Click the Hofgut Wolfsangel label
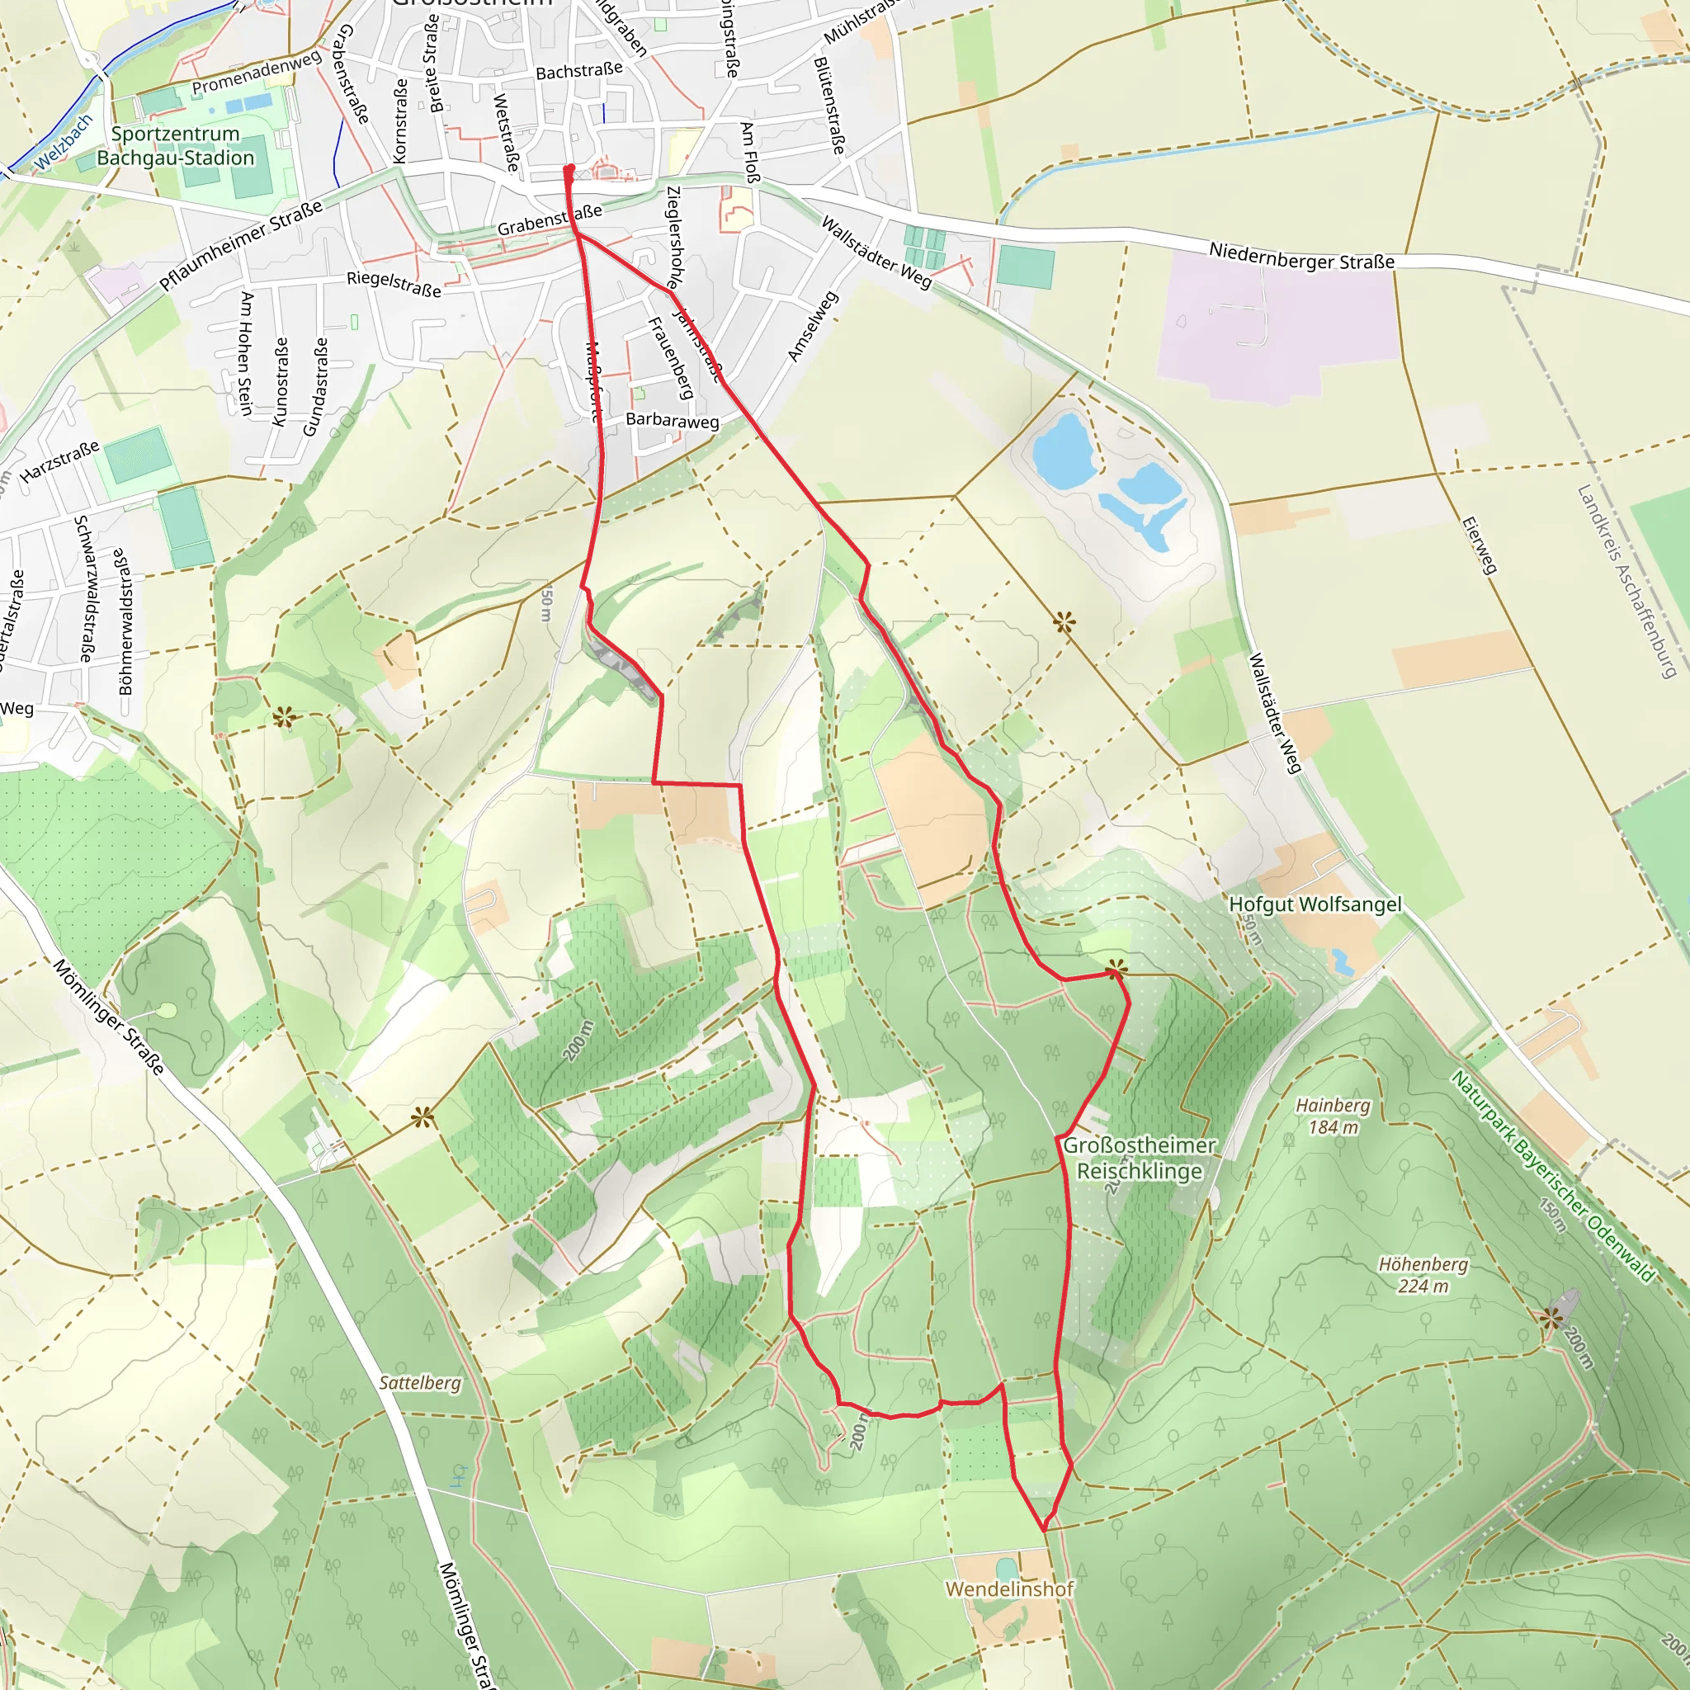click(x=1315, y=904)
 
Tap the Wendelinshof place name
click(x=1009, y=1589)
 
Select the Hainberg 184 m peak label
click(x=1334, y=1116)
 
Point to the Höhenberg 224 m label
click(x=1423, y=1274)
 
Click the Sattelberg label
click(x=420, y=1383)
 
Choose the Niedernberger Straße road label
click(x=1301, y=257)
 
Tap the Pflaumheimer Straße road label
click(x=241, y=245)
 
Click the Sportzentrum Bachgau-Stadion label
click(x=176, y=146)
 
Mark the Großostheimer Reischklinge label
click(x=1139, y=1157)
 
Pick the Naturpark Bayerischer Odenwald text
click(x=1552, y=1176)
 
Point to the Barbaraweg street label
click(x=672, y=420)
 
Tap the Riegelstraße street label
click(x=394, y=283)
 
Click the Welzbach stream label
click(x=63, y=144)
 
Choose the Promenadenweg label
click(x=257, y=73)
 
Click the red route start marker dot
click(x=569, y=169)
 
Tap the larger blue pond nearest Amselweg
click(x=1064, y=451)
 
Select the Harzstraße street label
click(x=59, y=462)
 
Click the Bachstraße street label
click(x=579, y=70)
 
